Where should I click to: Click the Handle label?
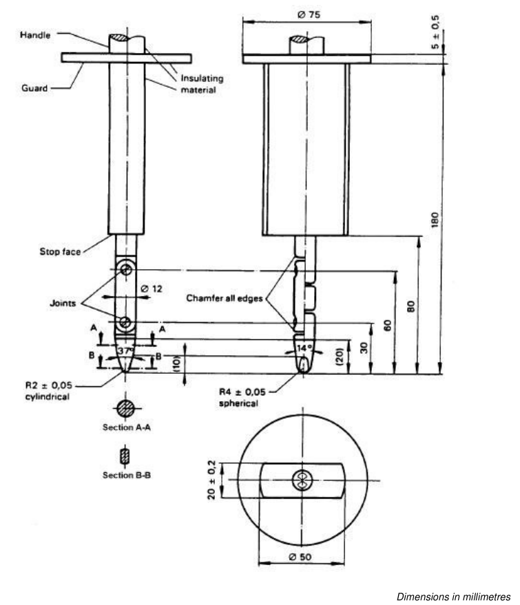click(x=35, y=35)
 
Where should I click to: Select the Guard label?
click(x=34, y=88)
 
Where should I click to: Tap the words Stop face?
click(x=60, y=252)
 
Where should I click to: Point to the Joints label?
click(x=63, y=304)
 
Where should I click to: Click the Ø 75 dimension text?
click(x=309, y=14)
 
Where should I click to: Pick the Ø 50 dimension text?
click(x=300, y=557)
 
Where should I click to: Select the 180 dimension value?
click(x=435, y=220)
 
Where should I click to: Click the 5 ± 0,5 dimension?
click(x=435, y=32)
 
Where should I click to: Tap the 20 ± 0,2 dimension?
click(x=211, y=480)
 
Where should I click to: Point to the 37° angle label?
click(x=126, y=351)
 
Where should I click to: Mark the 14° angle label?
click(x=304, y=348)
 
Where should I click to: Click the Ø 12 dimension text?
click(x=152, y=288)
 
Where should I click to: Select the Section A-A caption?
click(x=127, y=427)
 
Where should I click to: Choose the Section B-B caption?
click(x=127, y=476)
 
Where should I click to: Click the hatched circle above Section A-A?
click(x=126, y=408)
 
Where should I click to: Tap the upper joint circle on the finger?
click(x=126, y=269)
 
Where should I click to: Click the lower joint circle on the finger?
click(x=125, y=322)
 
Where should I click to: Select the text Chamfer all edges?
click(x=225, y=298)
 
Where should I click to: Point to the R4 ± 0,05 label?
click(x=242, y=392)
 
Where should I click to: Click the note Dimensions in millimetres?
click(x=454, y=597)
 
